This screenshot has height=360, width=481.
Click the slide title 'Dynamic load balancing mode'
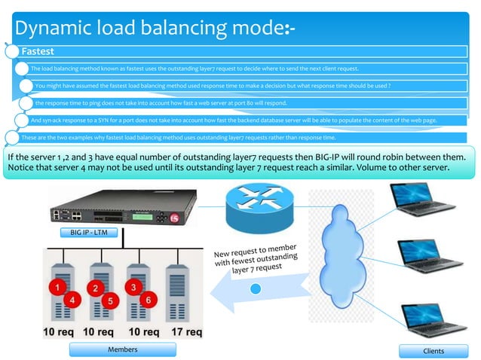[x=151, y=29]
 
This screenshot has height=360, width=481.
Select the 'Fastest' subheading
[x=37, y=52]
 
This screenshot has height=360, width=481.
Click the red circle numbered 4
[x=73, y=300]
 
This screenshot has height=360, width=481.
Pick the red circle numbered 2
[x=95, y=288]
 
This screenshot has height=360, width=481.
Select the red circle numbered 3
[x=133, y=287]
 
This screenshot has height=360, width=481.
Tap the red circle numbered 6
[x=149, y=300]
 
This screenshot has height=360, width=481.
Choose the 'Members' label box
[x=122, y=349]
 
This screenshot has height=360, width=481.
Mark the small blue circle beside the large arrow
[x=256, y=289]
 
